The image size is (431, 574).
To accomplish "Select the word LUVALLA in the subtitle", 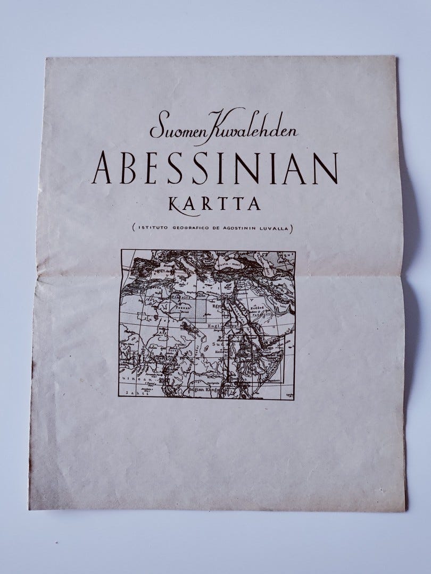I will click(275, 228).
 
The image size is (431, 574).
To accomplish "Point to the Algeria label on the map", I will click(144, 298).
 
